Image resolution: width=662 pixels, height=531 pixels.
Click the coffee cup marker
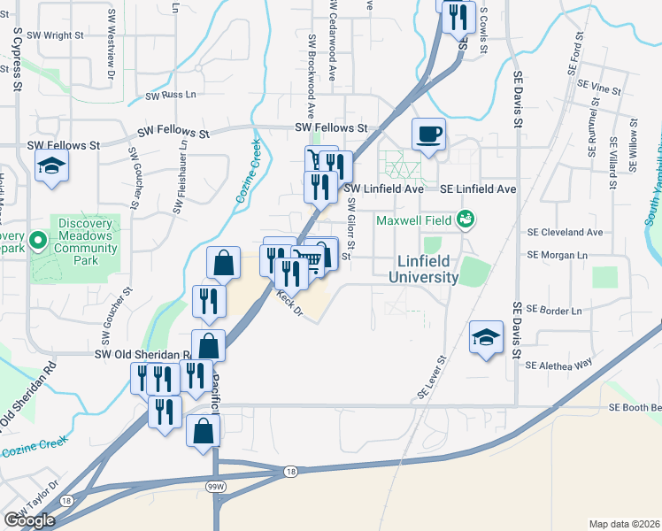pyautogui.click(x=429, y=135)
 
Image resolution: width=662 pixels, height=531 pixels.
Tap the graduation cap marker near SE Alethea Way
pyautogui.click(x=486, y=336)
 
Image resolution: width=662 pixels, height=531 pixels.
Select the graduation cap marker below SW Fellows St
pyautogui.click(x=52, y=165)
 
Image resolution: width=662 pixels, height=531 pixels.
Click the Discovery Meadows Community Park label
pyautogui.click(x=87, y=235)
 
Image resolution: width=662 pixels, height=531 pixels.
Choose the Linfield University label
pyautogui.click(x=424, y=270)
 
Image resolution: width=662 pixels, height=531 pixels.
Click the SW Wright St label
pyautogui.click(x=56, y=35)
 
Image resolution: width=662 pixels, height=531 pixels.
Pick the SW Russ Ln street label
pyautogui.click(x=171, y=95)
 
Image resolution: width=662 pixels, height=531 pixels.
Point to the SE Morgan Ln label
pyautogui.click(x=557, y=255)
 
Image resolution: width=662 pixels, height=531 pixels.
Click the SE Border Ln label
pyautogui.click(x=554, y=310)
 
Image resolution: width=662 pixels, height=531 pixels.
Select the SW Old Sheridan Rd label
pyautogui.click(x=142, y=354)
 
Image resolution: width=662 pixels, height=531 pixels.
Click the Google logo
pyautogui.click(x=30, y=520)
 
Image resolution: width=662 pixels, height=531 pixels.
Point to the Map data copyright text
pyautogui.click(x=624, y=524)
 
